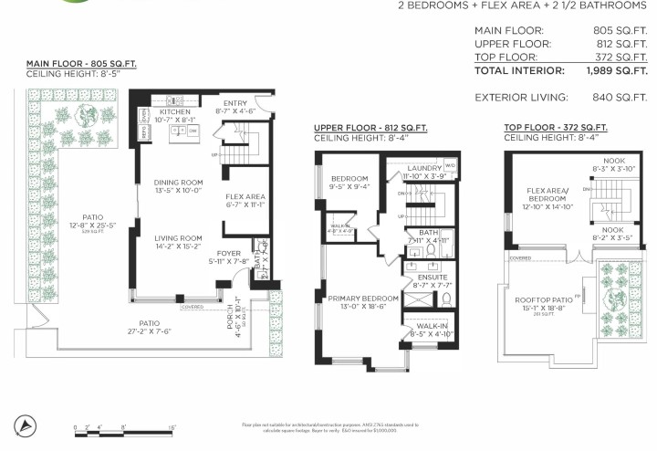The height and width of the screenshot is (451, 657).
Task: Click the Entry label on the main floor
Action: [x=235, y=103]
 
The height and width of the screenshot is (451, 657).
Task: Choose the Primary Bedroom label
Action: [x=357, y=298]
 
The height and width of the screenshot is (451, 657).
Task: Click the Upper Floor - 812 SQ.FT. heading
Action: [x=370, y=128]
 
